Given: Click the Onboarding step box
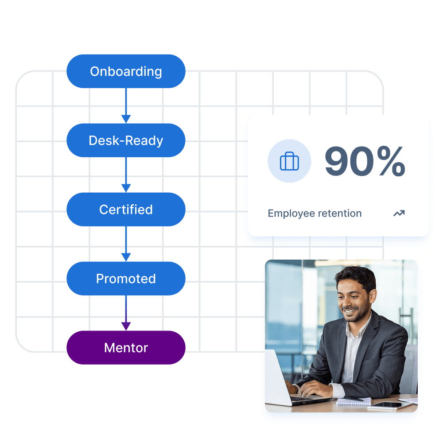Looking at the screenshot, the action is [x=126, y=71].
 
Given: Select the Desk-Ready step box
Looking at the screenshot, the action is [x=126, y=140].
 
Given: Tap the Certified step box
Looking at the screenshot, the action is [x=126, y=210].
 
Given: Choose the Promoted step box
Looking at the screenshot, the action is [x=126, y=279].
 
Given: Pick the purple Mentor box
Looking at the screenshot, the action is [x=126, y=347].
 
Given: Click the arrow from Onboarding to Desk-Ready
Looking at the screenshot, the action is [x=126, y=106].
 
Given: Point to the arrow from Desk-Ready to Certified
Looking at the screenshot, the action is [x=126, y=175].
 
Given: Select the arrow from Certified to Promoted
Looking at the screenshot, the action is [x=126, y=244].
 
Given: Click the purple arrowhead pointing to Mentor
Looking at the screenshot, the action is [x=126, y=326].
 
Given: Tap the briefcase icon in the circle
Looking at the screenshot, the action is [x=289, y=161].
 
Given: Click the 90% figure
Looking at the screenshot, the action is [x=365, y=161].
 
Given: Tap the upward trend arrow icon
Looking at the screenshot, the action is [x=399, y=214].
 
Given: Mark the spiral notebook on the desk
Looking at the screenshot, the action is [x=354, y=401].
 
